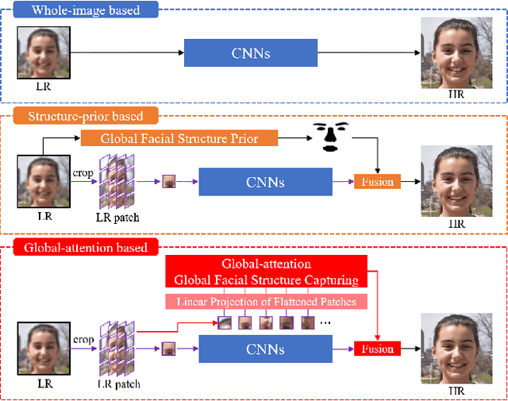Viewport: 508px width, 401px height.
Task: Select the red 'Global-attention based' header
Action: click(85, 248)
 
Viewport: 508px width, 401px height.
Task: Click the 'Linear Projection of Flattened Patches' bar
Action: click(266, 302)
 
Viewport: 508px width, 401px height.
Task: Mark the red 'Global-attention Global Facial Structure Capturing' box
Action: click(266, 272)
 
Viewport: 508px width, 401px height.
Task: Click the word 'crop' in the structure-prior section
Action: click(84, 172)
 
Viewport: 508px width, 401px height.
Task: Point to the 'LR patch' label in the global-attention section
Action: click(117, 384)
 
